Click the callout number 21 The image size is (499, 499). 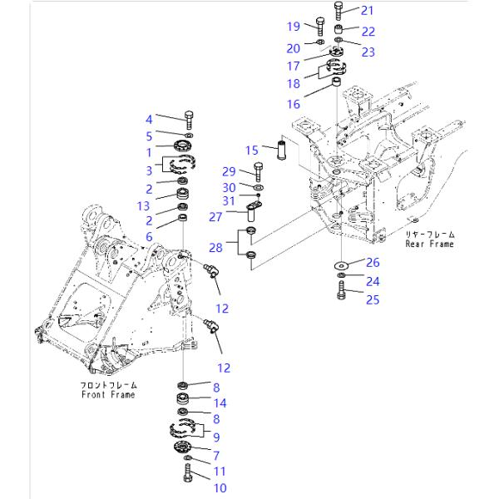point(367,11)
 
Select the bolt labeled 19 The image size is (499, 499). point(320,27)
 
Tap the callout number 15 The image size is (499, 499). point(252,151)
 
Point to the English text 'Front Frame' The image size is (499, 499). point(108,394)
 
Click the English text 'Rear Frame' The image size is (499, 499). point(430,244)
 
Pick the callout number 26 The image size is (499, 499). point(373,262)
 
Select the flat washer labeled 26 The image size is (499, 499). point(341,264)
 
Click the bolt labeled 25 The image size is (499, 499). point(341,290)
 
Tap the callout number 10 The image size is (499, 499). point(220,488)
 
